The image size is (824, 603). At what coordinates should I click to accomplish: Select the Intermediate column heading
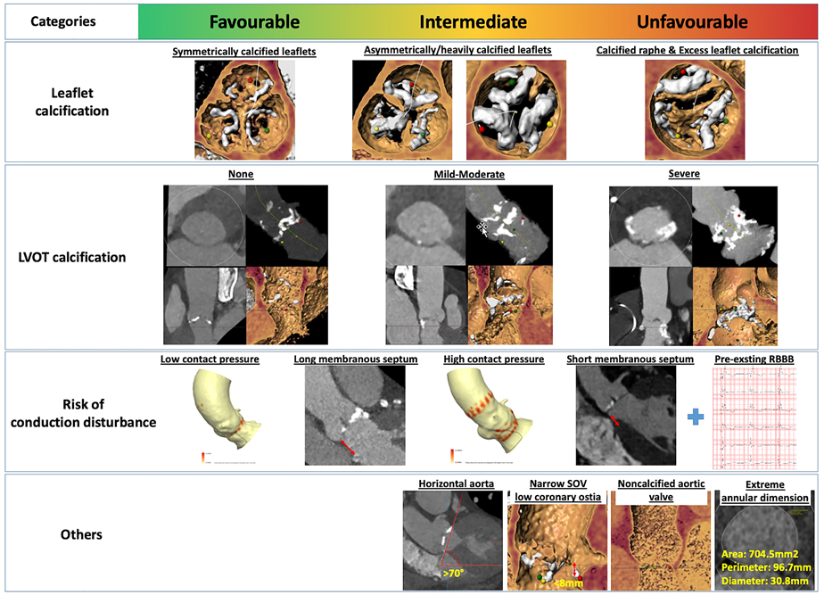pyautogui.click(x=473, y=21)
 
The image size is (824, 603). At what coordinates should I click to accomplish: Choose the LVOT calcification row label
pyautogui.click(x=73, y=257)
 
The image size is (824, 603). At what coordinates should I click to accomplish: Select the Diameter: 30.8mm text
pyautogui.click(x=764, y=580)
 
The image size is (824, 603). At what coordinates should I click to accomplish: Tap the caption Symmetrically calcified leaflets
pyautogui.click(x=244, y=52)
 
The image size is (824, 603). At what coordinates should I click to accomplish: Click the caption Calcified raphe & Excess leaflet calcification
pyautogui.click(x=697, y=51)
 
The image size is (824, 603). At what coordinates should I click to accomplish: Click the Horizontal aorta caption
pyautogui.click(x=456, y=484)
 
